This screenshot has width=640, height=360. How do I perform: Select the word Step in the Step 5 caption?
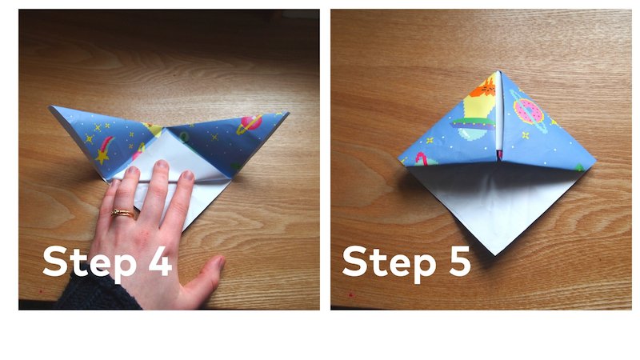click(387, 262)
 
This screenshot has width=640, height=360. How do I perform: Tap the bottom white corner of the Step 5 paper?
click(495, 254)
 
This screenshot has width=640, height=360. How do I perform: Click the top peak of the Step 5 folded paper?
click(499, 72)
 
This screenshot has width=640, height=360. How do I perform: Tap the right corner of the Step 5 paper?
click(595, 166)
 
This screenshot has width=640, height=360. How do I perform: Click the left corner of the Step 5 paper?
click(398, 158)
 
